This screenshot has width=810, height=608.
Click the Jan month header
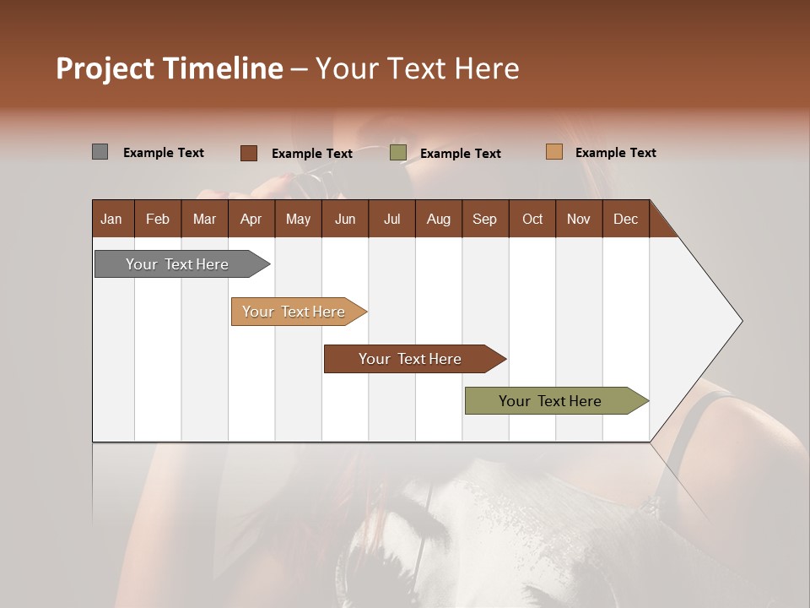(111, 219)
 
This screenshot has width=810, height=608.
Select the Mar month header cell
(204, 219)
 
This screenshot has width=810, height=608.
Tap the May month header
(298, 219)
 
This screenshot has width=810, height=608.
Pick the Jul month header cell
(391, 219)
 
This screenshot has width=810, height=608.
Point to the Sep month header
(484, 219)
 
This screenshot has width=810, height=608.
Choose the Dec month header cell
(625, 219)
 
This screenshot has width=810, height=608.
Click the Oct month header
(532, 219)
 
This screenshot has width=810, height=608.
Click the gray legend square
(100, 152)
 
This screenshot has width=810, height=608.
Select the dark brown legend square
(248, 153)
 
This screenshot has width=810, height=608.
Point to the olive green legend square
(398, 153)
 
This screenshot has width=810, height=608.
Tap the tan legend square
(553, 152)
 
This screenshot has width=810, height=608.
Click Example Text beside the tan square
(615, 153)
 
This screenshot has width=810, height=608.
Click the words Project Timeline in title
(170, 68)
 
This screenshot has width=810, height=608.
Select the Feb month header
(158, 219)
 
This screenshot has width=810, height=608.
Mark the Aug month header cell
(438, 219)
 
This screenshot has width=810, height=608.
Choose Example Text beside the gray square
(164, 153)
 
